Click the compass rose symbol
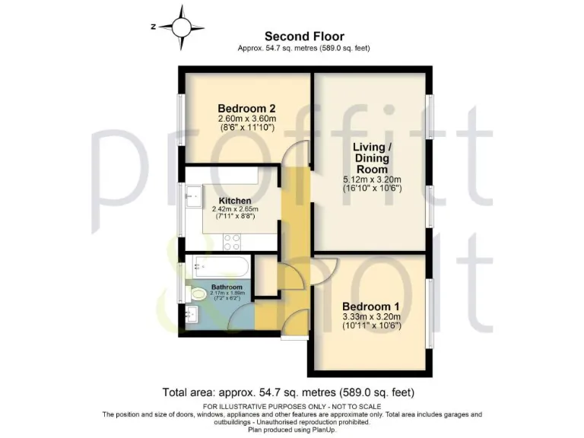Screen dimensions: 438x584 coord(182,26)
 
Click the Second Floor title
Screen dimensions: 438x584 coord(304,36)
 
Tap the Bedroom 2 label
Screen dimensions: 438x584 coord(246,107)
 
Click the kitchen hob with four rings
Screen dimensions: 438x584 coord(231,241)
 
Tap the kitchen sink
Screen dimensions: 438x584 coord(192,196)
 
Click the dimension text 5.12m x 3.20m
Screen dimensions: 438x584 coord(371,179)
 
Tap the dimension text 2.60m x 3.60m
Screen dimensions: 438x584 coord(246,119)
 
